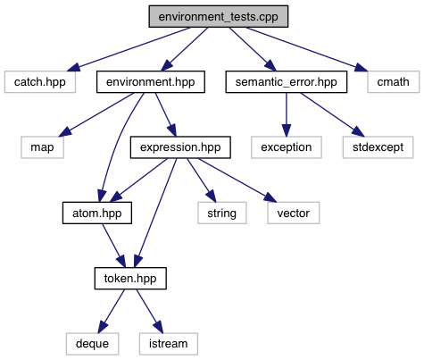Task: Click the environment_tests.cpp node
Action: click(x=219, y=16)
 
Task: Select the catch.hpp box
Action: click(x=40, y=81)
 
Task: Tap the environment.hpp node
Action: click(x=151, y=81)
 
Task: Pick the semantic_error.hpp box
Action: click(x=287, y=81)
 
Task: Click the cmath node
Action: click(x=394, y=81)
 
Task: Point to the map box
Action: click(x=42, y=147)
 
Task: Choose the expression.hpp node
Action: click(x=180, y=147)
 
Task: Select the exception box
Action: click(x=287, y=147)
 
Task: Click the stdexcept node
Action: click(x=378, y=147)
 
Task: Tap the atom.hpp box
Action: click(x=97, y=213)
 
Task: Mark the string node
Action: click(x=222, y=213)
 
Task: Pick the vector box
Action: click(x=294, y=213)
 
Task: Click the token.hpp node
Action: click(x=130, y=278)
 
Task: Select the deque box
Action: click(x=92, y=344)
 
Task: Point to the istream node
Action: click(x=169, y=344)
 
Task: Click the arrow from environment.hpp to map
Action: click(x=96, y=115)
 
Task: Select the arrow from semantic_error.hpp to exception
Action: click(x=287, y=114)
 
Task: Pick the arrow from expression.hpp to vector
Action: click(x=237, y=180)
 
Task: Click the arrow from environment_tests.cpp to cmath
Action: click(x=306, y=49)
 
